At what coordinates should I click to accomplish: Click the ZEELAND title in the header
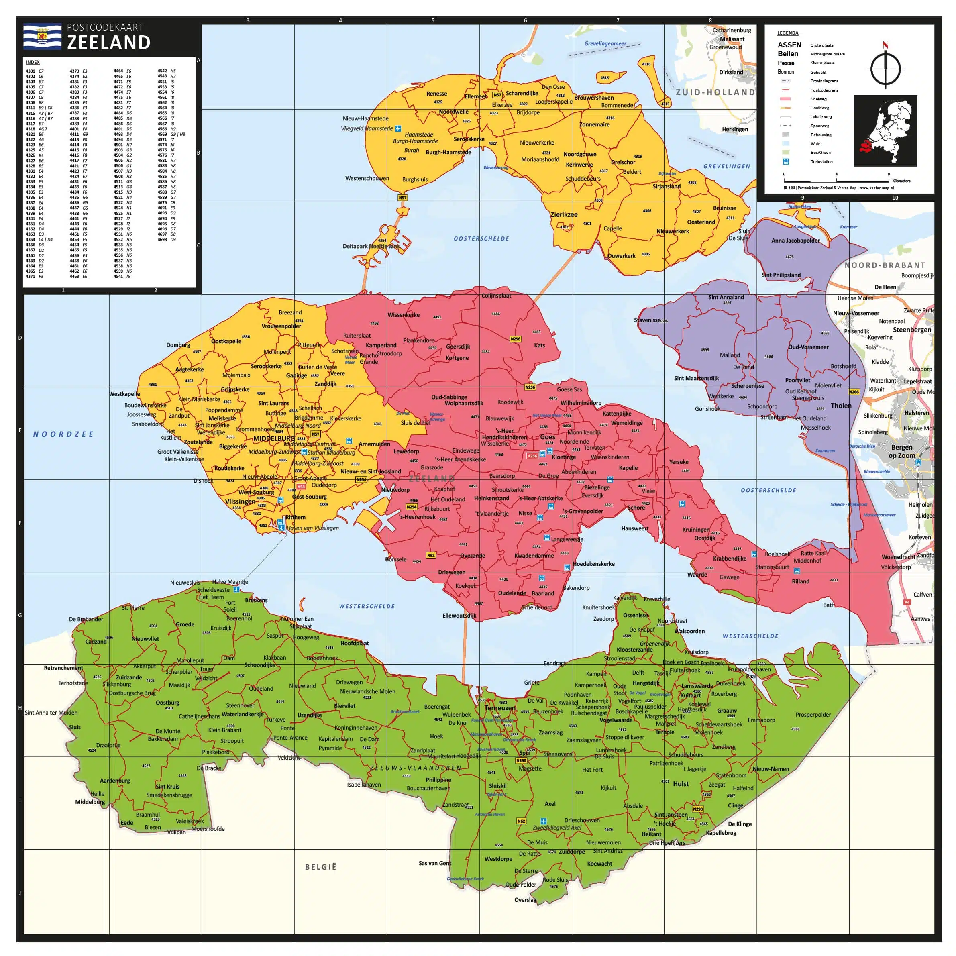pyautogui.click(x=109, y=43)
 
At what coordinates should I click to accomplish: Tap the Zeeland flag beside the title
pyautogui.click(x=42, y=37)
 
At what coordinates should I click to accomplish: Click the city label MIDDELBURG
pyautogui.click(x=274, y=438)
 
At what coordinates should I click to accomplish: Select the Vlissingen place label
pyautogui.click(x=240, y=501)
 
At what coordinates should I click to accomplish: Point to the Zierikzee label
pyautogui.click(x=564, y=215)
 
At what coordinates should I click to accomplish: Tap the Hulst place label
pyautogui.click(x=681, y=784)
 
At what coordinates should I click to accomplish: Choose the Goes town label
pyautogui.click(x=547, y=437)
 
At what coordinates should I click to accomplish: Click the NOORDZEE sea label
pyautogui.click(x=63, y=434)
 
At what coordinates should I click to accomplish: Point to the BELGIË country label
pyautogui.click(x=321, y=867)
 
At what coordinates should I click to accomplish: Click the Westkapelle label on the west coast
pyautogui.click(x=124, y=394)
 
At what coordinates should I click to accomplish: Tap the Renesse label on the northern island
pyautogui.click(x=436, y=94)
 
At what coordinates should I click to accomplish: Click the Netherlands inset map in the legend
pyautogui.click(x=885, y=130)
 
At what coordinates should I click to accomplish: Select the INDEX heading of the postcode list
pyautogui.click(x=33, y=62)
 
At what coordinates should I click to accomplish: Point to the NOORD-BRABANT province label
pyautogui.click(x=885, y=265)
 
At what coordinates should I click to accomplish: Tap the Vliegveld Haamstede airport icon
pyautogui.click(x=398, y=128)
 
